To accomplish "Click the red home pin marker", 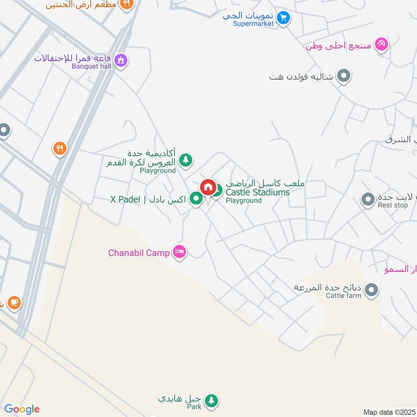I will (x=207, y=187).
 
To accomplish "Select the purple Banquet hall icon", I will (x=121, y=60).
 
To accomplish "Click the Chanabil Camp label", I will (x=139, y=253).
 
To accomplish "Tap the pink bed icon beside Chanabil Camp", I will (x=180, y=252).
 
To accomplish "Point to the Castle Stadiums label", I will (x=257, y=192).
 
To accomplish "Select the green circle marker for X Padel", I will (x=196, y=198).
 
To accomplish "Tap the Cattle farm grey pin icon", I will (x=371, y=290).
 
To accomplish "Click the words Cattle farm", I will (x=344, y=296).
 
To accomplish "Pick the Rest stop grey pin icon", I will (x=368, y=199).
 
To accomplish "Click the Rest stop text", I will (x=393, y=205).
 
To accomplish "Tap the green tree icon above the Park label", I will (x=211, y=400).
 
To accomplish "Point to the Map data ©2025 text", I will (x=388, y=412).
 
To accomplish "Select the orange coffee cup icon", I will (x=14, y=302).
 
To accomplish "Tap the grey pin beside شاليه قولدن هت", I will (x=344, y=76).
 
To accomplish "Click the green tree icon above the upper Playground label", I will (x=185, y=160).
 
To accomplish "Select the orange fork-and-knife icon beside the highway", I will (x=60, y=150).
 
